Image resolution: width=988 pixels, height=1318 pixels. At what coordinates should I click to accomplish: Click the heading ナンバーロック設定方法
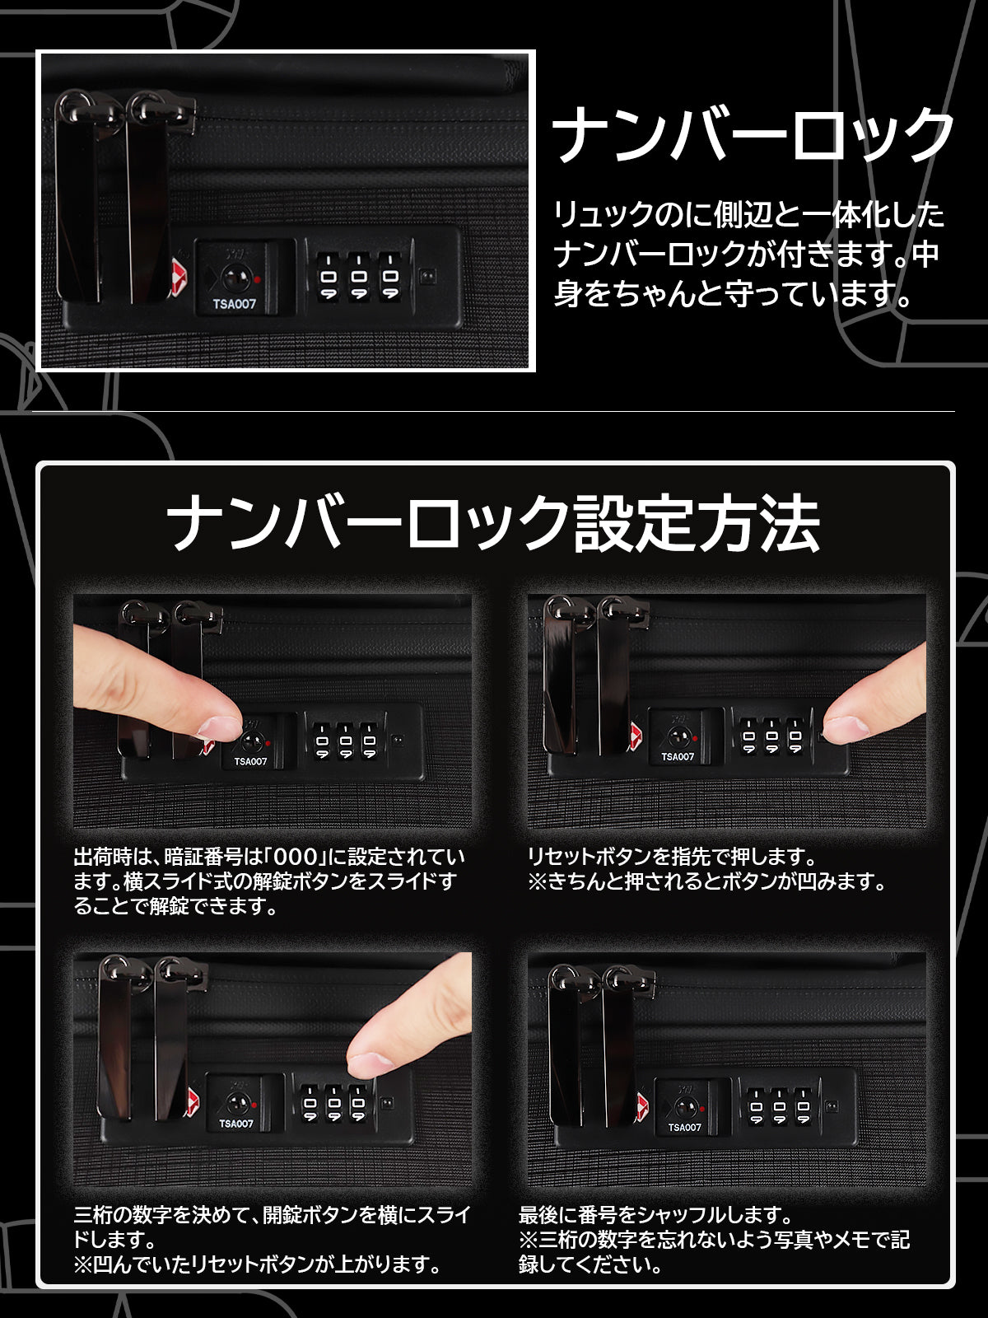click(x=493, y=521)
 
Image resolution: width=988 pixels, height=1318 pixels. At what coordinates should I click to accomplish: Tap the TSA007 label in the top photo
click(x=234, y=304)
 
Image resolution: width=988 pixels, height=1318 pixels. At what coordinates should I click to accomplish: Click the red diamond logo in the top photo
click(x=179, y=277)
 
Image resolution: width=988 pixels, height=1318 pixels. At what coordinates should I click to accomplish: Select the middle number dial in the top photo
click(x=359, y=276)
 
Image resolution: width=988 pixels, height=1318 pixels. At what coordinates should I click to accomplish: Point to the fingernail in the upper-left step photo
click(x=219, y=727)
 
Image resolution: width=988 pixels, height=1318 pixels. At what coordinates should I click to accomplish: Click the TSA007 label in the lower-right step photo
click(x=684, y=1127)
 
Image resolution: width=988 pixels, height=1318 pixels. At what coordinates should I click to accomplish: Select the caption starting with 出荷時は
click(x=268, y=881)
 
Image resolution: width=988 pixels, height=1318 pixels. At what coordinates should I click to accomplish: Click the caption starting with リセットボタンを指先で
click(x=706, y=869)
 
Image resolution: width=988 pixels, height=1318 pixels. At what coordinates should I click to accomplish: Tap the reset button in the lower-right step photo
click(x=832, y=1106)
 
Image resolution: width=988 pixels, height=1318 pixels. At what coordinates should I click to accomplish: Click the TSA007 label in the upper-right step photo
click(x=678, y=757)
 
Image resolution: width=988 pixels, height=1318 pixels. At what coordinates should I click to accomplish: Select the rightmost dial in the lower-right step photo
click(x=804, y=1106)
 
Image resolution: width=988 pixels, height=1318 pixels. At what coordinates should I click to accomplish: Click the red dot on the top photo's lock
click(x=257, y=280)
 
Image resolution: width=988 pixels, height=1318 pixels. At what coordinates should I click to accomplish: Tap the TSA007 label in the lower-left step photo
click(x=235, y=1124)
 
